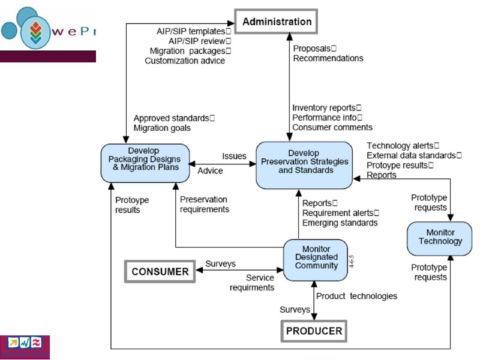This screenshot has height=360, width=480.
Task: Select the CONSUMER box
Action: pos(160,271)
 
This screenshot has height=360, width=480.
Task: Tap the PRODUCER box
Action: pos(314,331)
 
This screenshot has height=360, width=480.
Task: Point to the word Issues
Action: pos(234,156)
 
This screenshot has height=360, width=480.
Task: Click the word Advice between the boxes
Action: pos(210,171)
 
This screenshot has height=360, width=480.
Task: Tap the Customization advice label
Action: pos(185,61)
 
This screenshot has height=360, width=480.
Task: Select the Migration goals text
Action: pos(162,128)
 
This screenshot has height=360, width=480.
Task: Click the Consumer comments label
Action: pos(332,127)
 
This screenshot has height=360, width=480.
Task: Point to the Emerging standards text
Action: pos(340,223)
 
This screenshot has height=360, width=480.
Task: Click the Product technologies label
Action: pos(356,296)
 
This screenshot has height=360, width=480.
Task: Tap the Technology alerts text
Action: pos(403,145)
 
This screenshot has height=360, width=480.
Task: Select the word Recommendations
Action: pos(328,58)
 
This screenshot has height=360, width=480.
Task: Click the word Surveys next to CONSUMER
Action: pos(220,263)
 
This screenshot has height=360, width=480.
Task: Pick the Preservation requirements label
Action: pos(205,205)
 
